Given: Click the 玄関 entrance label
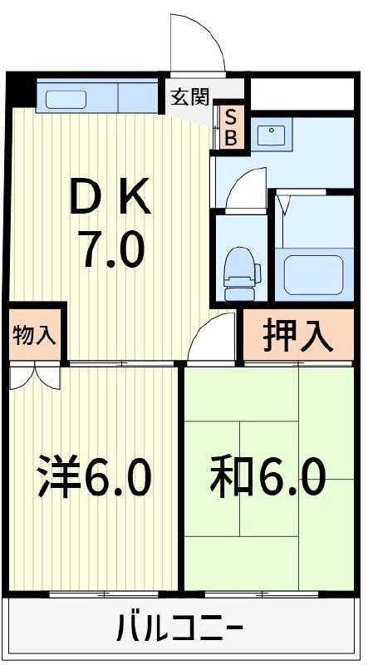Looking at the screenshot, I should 189,97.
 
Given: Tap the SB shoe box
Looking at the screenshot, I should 231,127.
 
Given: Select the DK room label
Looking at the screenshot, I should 110,199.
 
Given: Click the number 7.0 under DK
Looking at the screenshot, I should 111,249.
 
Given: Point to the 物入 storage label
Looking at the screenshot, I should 34,335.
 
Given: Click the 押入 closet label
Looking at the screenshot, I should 298,336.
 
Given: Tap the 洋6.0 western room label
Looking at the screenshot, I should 93,477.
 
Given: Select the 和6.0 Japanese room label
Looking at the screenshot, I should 267,477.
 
